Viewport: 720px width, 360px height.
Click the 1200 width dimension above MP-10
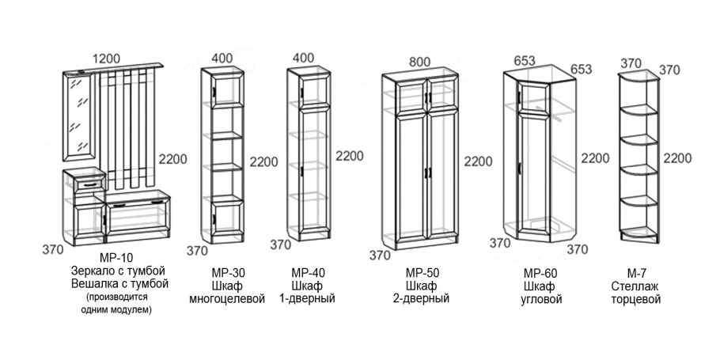coord(106,59)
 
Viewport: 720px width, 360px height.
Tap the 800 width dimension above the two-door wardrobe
coord(419,62)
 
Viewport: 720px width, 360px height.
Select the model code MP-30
coord(227,273)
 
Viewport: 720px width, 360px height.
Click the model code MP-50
coord(423,273)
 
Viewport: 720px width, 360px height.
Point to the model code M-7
coord(636,273)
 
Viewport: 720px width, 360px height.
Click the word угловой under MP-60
coord(541,300)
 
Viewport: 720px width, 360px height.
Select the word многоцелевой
coord(227,299)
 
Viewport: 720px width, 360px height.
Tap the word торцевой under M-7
coord(636,300)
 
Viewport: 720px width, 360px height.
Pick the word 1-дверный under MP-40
coord(307,299)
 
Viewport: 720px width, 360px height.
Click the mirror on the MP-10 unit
coord(79,117)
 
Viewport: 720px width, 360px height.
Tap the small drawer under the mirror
coord(90,184)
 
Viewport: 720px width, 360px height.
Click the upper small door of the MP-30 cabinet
coord(227,90)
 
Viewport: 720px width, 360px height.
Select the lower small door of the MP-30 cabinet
coord(227,218)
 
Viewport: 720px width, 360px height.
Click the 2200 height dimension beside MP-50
coord(478,161)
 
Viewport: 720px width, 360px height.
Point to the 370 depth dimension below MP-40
coord(281,244)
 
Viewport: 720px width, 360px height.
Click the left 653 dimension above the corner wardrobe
coord(525,61)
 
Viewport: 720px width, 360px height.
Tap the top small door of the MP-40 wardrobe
coord(314,93)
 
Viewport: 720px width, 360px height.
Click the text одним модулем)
coord(116,310)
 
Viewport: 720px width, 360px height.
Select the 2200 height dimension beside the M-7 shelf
coord(677,158)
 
